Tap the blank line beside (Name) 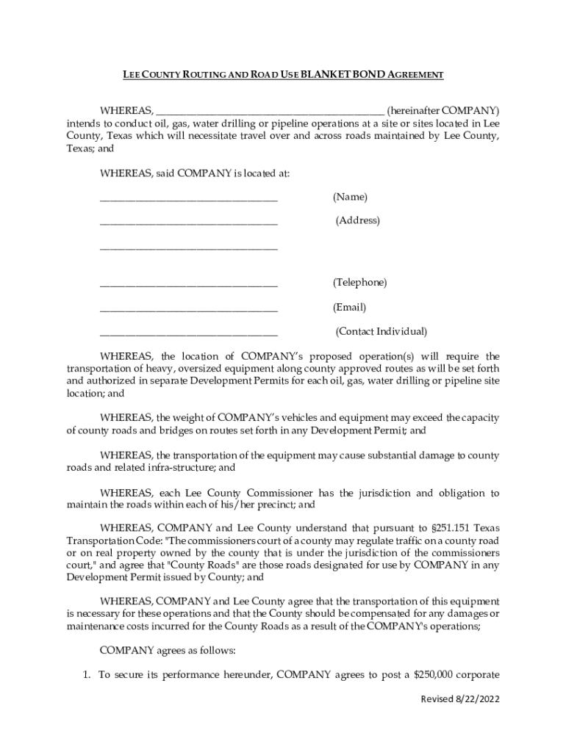click(x=189, y=198)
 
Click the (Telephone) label click(x=359, y=283)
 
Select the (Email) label click(x=349, y=307)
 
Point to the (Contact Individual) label click(x=381, y=332)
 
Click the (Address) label click(x=358, y=221)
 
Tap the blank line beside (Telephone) click(x=189, y=284)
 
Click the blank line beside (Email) click(x=189, y=308)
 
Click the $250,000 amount click(x=434, y=675)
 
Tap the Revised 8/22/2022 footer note click(x=459, y=720)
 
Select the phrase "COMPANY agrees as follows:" click(x=166, y=651)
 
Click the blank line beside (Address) click(x=189, y=222)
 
